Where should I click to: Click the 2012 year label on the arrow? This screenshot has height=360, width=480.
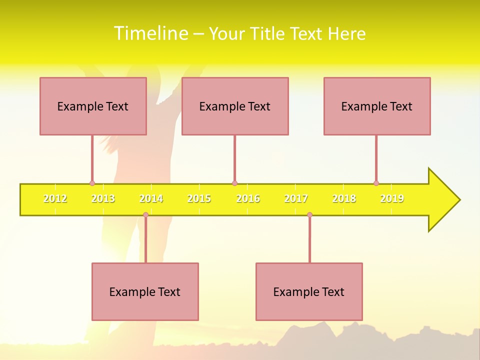(x=55, y=198)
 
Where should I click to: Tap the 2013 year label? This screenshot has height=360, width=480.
(x=103, y=198)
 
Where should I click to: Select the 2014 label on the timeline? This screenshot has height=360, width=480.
(x=151, y=198)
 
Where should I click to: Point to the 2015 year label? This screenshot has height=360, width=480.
(x=199, y=198)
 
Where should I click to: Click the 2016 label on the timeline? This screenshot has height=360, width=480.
(x=248, y=198)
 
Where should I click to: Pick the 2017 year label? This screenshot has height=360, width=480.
(x=296, y=198)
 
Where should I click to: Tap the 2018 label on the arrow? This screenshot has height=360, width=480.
(x=344, y=198)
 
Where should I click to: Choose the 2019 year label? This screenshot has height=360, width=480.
(x=392, y=198)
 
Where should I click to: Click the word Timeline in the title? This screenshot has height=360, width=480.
(x=150, y=33)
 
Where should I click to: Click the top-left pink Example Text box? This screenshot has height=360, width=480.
(x=93, y=106)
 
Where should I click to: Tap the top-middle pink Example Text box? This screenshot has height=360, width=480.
(x=235, y=106)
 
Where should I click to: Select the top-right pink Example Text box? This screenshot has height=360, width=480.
(x=377, y=106)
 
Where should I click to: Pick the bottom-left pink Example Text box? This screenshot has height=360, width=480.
(x=145, y=291)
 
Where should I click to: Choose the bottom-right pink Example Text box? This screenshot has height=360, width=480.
(x=309, y=291)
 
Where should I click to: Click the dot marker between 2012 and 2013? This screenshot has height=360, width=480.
(x=92, y=183)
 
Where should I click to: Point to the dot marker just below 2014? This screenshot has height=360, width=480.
(x=145, y=215)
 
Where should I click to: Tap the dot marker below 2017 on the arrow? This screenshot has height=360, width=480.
(x=309, y=215)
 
